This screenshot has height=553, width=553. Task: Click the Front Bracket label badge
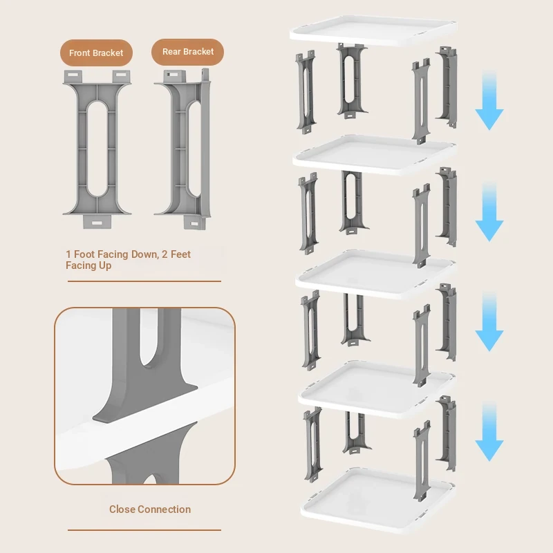96,53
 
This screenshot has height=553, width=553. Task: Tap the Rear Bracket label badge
187,52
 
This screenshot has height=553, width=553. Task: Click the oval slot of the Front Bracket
97,149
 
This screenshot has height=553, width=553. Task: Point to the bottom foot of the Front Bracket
97,222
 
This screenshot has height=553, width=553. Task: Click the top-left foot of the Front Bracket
73,76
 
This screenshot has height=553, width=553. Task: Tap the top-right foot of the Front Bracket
122,76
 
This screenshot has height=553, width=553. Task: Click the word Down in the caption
145,254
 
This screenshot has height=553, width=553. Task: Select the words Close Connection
150,509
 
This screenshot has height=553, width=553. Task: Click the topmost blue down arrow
489,100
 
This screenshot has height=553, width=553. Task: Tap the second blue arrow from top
489,212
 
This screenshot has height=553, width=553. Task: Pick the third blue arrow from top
489,321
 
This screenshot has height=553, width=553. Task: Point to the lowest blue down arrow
489,431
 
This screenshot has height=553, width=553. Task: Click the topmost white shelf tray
373,30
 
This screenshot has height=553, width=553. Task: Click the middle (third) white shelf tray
375,274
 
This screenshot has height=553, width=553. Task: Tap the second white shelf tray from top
374,155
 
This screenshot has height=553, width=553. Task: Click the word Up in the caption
105,265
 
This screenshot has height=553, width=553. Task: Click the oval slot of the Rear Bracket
194,149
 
